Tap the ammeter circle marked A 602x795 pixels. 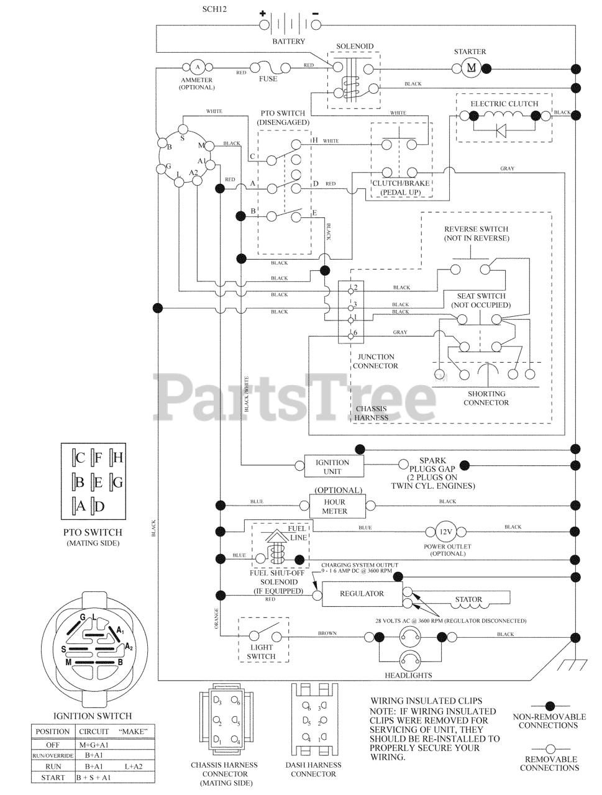pyautogui.click(x=197, y=66)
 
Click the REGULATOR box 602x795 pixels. pyautogui.click(x=362, y=594)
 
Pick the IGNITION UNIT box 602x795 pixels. pyautogui.click(x=332, y=466)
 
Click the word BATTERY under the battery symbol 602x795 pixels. pyautogui.click(x=288, y=42)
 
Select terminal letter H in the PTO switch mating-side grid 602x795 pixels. pyautogui.click(x=118, y=458)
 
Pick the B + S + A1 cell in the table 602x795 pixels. pyautogui.click(x=94, y=777)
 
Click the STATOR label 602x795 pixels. pyautogui.click(x=468, y=600)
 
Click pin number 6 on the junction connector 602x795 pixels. pyautogui.click(x=355, y=334)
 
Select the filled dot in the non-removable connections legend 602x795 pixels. pyautogui.click(x=549, y=705)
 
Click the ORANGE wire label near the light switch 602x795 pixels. pyautogui.click(x=217, y=619)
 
